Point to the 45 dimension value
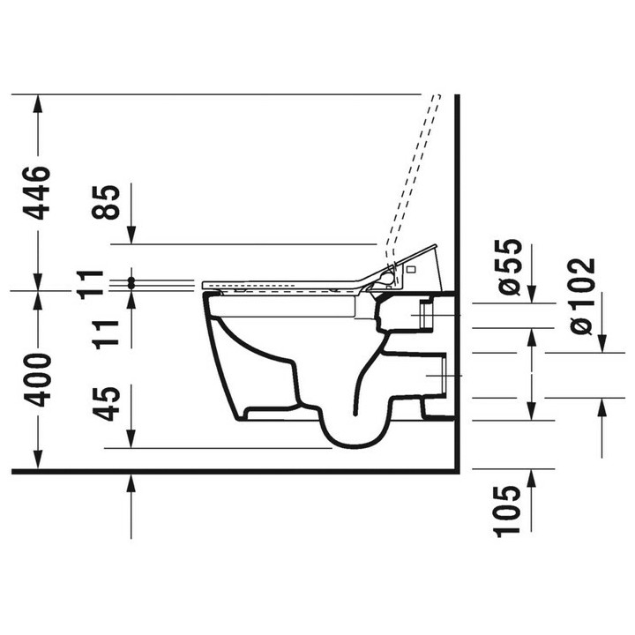107,403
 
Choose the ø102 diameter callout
583,296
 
